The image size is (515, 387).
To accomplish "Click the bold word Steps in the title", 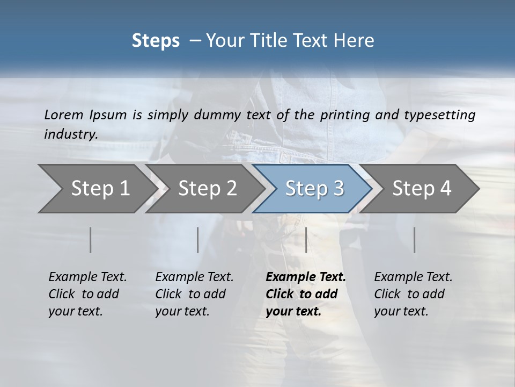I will coord(156,41).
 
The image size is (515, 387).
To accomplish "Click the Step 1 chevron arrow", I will coord(97,189).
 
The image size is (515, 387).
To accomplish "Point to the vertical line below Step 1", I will coord(91,240).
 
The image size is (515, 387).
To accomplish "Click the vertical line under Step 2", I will coord(198,240).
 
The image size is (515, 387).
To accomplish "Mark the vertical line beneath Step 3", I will coord(306,240).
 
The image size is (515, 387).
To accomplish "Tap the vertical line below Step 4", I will coord(414,240).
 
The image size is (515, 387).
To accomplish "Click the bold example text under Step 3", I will coord(305,294).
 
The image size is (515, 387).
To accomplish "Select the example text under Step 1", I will coord(87,294).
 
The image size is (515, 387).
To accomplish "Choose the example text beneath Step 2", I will coord(194,294).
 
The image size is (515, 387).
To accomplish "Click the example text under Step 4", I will coord(413,294).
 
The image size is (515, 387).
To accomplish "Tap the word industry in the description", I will coord(71,134).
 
